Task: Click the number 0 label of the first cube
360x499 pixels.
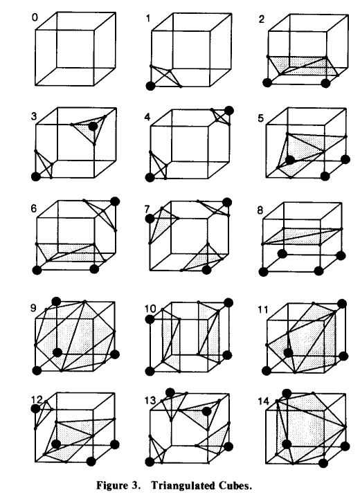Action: point(35,17)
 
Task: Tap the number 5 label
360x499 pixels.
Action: point(261,118)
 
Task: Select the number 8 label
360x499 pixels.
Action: point(260,210)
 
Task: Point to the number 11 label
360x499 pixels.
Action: point(262,309)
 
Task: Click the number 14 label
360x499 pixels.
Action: point(264,401)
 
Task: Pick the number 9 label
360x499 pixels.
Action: point(33,309)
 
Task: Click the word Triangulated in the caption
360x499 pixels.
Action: point(182,486)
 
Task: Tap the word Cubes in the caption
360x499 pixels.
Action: point(235,486)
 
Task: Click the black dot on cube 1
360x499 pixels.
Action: point(150,86)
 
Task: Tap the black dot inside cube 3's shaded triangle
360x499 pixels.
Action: point(93,127)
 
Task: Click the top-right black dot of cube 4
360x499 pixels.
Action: point(229,111)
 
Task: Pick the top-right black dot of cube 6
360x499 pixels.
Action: point(115,201)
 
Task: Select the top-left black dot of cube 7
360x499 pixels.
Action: point(150,219)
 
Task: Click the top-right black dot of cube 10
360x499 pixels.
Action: point(228,302)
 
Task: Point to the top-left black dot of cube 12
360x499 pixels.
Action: point(35,408)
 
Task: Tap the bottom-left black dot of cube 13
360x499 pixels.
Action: point(150,462)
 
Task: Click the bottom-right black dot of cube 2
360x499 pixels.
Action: point(325,83)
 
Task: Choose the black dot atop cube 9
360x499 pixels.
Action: point(56,301)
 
